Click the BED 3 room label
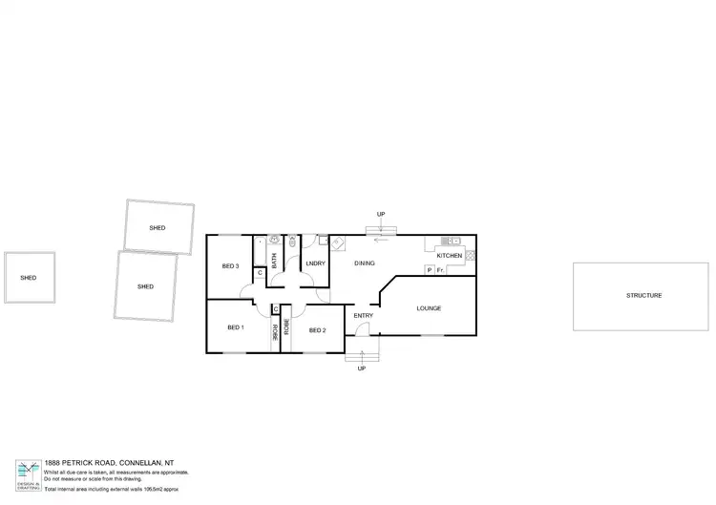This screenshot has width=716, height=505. tap(229, 265)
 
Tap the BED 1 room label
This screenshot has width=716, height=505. tap(236, 327)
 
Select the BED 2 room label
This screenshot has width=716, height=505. tap(317, 330)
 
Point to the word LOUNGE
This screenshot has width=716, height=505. tap(429, 308)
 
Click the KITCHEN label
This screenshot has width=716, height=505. tap(449, 256)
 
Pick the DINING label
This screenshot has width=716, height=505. tap(365, 263)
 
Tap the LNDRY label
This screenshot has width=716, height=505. tap(315, 263)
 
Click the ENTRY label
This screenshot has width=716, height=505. tap(364, 315)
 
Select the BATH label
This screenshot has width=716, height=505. tap(274, 259)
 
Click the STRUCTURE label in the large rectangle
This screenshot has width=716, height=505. tap(643, 296)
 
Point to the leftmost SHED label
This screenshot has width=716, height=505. tap(29, 278)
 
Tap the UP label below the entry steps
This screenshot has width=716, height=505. tap(361, 368)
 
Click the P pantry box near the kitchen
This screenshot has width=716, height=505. tap(430, 271)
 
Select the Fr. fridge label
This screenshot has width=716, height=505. tap(440, 271)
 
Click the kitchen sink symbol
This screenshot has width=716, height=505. tap(449, 240)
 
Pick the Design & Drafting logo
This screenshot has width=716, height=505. tap(28, 472)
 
